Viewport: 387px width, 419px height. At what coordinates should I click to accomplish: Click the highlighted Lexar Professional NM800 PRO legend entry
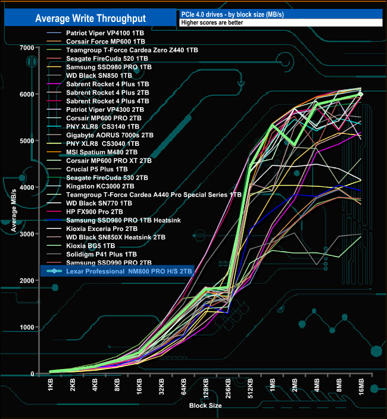pos(125,271)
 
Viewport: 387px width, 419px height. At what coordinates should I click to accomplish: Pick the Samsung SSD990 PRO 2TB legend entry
pos(101,262)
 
